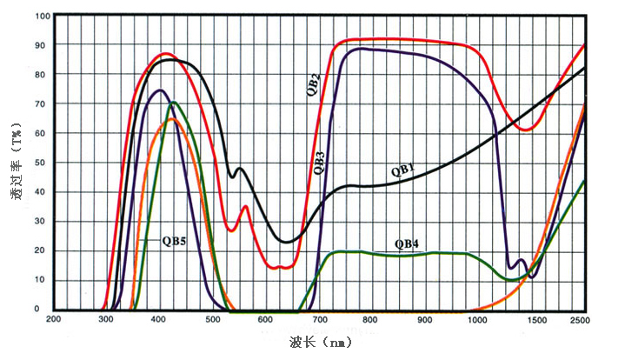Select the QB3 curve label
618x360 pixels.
320,163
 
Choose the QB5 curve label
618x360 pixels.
175,240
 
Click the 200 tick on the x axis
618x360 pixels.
53,321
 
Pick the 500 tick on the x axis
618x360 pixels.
212,321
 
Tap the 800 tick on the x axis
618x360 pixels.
371,321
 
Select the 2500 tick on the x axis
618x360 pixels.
581,321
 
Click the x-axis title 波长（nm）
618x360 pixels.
322,343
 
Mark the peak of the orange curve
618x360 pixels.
171,119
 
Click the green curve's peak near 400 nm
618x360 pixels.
175,103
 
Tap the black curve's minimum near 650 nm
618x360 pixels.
287,242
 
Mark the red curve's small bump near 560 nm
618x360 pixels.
246,206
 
